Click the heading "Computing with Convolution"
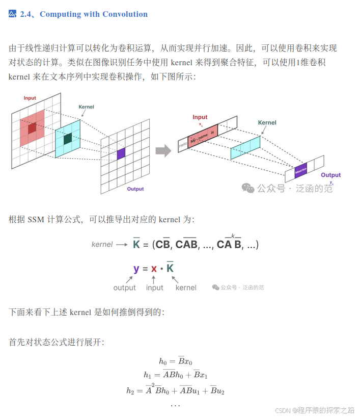[94, 14]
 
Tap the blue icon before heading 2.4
[13, 14]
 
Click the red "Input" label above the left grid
[30, 98]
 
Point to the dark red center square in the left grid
[32, 128]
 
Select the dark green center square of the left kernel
[67, 138]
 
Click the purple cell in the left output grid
[121, 153]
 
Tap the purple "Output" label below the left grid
[135, 189]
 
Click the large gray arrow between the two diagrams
[163, 150]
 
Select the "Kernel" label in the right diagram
[267, 122]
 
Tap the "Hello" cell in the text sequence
[183, 146]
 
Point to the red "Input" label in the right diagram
[200, 117]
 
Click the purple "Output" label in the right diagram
[330, 175]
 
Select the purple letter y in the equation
[136, 269]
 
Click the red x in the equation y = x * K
[154, 269]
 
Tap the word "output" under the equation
[125, 288]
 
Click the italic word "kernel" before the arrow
[102, 244]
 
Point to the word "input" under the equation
[155, 288]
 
